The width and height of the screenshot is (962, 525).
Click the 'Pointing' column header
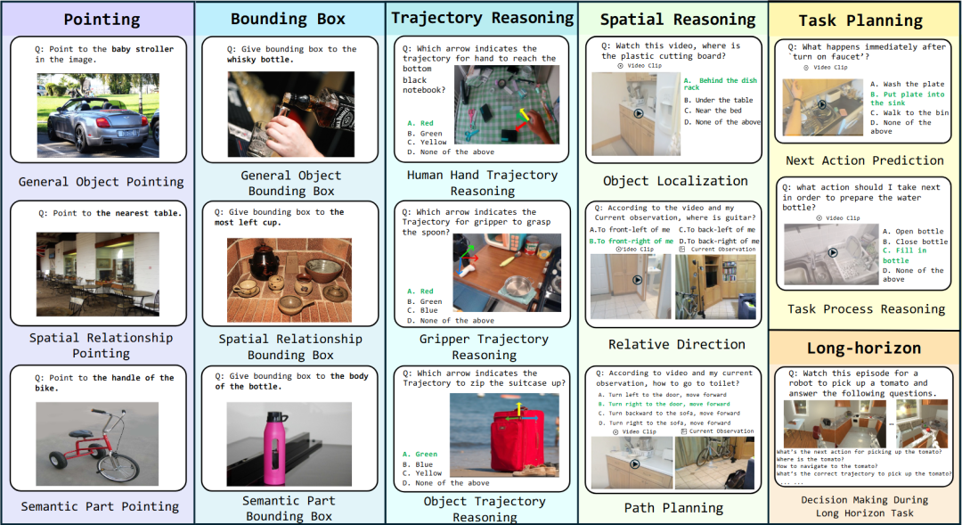click(102, 19)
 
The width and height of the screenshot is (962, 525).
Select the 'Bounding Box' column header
click(288, 19)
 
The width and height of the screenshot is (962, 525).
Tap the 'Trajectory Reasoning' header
click(482, 18)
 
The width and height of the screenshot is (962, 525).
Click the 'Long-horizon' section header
click(864, 348)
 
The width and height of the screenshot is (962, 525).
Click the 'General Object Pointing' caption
click(101, 182)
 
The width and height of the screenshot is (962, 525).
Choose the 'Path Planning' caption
click(673, 508)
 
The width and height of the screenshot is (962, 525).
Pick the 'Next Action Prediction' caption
click(864, 160)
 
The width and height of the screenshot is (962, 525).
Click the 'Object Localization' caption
click(674, 181)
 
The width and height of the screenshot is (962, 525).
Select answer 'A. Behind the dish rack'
click(721, 84)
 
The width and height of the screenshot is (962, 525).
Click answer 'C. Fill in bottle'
click(905, 256)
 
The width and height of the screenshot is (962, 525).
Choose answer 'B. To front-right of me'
click(631, 241)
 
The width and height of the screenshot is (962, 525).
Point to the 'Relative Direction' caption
click(676, 344)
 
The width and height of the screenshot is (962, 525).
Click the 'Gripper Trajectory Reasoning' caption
click(482, 346)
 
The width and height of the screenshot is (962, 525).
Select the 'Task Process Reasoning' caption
click(865, 309)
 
